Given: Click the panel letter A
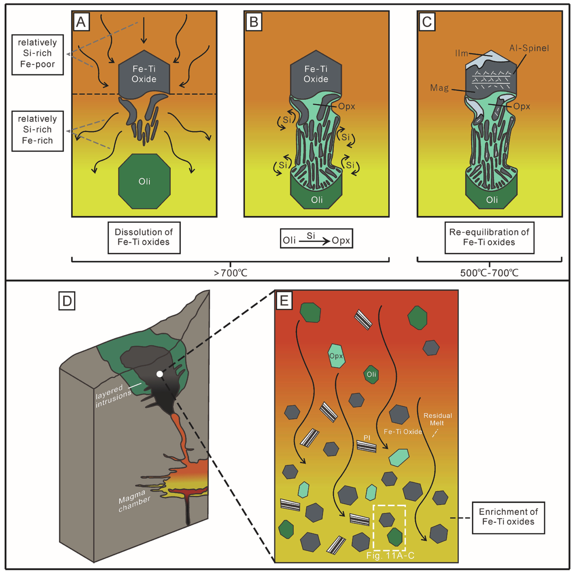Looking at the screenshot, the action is (81, 22).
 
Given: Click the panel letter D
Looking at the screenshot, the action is (67, 301).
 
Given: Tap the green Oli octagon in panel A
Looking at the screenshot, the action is (144, 181).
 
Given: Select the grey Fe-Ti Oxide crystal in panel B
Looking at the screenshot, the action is (316, 74).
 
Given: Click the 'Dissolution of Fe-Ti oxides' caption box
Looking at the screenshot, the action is (144, 237).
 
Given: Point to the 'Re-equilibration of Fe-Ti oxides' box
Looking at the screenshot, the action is (489, 237).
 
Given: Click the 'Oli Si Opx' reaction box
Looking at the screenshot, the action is (316, 238).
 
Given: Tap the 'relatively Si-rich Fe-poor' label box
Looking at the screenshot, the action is (37, 54).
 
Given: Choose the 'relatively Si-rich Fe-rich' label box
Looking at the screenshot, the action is (37, 131).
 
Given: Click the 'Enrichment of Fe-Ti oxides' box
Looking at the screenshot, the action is (508, 518).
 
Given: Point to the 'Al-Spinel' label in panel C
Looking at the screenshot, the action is (529, 48).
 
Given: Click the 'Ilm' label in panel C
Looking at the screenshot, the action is (461, 53).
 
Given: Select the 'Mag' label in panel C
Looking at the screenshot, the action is (439, 88).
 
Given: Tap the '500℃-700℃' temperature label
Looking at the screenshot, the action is (489, 273).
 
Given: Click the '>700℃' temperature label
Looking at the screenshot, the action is (231, 273).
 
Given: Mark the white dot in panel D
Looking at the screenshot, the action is (160, 374).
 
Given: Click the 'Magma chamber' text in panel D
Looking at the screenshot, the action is (134, 501).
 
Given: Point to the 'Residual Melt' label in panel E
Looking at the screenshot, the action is (438, 419).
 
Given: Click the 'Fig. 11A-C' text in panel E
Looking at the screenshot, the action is (390, 555).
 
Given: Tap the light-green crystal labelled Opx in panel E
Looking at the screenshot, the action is (336, 356).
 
